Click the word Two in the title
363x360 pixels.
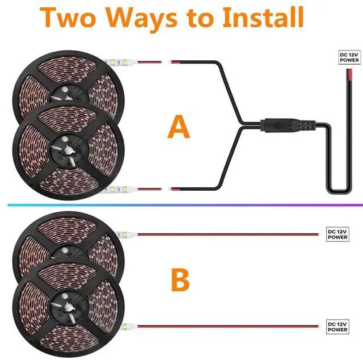click(x=68, y=18)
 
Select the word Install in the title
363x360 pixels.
click(x=263, y=17)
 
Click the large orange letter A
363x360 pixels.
click(x=179, y=127)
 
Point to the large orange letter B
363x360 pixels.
click(x=180, y=280)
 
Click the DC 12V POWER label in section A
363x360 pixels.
click(x=349, y=57)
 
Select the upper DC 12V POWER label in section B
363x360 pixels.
click(x=337, y=235)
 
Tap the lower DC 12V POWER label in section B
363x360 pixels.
click(x=337, y=327)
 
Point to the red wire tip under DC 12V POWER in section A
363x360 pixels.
click(x=349, y=74)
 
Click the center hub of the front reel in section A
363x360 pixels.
click(x=68, y=150)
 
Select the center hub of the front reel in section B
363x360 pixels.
click(x=68, y=307)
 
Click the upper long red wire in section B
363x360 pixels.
click(x=228, y=235)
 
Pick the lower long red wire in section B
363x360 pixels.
click(x=228, y=326)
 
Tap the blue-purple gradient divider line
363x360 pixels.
click(x=185, y=205)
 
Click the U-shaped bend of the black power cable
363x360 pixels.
click(x=339, y=191)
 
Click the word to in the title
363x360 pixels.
click(x=200, y=19)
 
